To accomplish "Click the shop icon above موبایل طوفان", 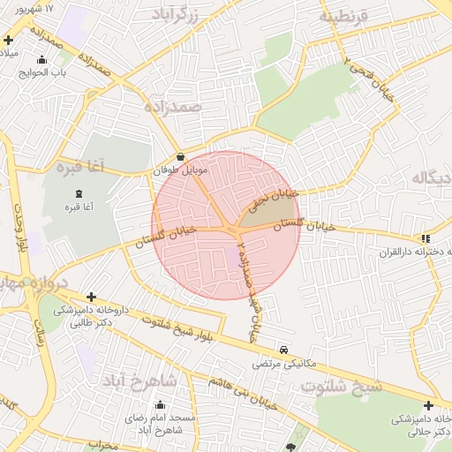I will point(180,157).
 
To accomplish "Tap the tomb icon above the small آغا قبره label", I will point(79,193).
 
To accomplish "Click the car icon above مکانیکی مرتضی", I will point(282,350).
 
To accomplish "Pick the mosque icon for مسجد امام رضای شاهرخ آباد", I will point(160,404).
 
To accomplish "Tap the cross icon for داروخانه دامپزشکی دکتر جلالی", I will point(428,405).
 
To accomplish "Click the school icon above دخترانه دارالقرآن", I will point(426,238).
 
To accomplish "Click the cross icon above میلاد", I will point(8,40).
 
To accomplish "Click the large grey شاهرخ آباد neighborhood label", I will point(139,380).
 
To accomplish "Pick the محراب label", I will point(103,446).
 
